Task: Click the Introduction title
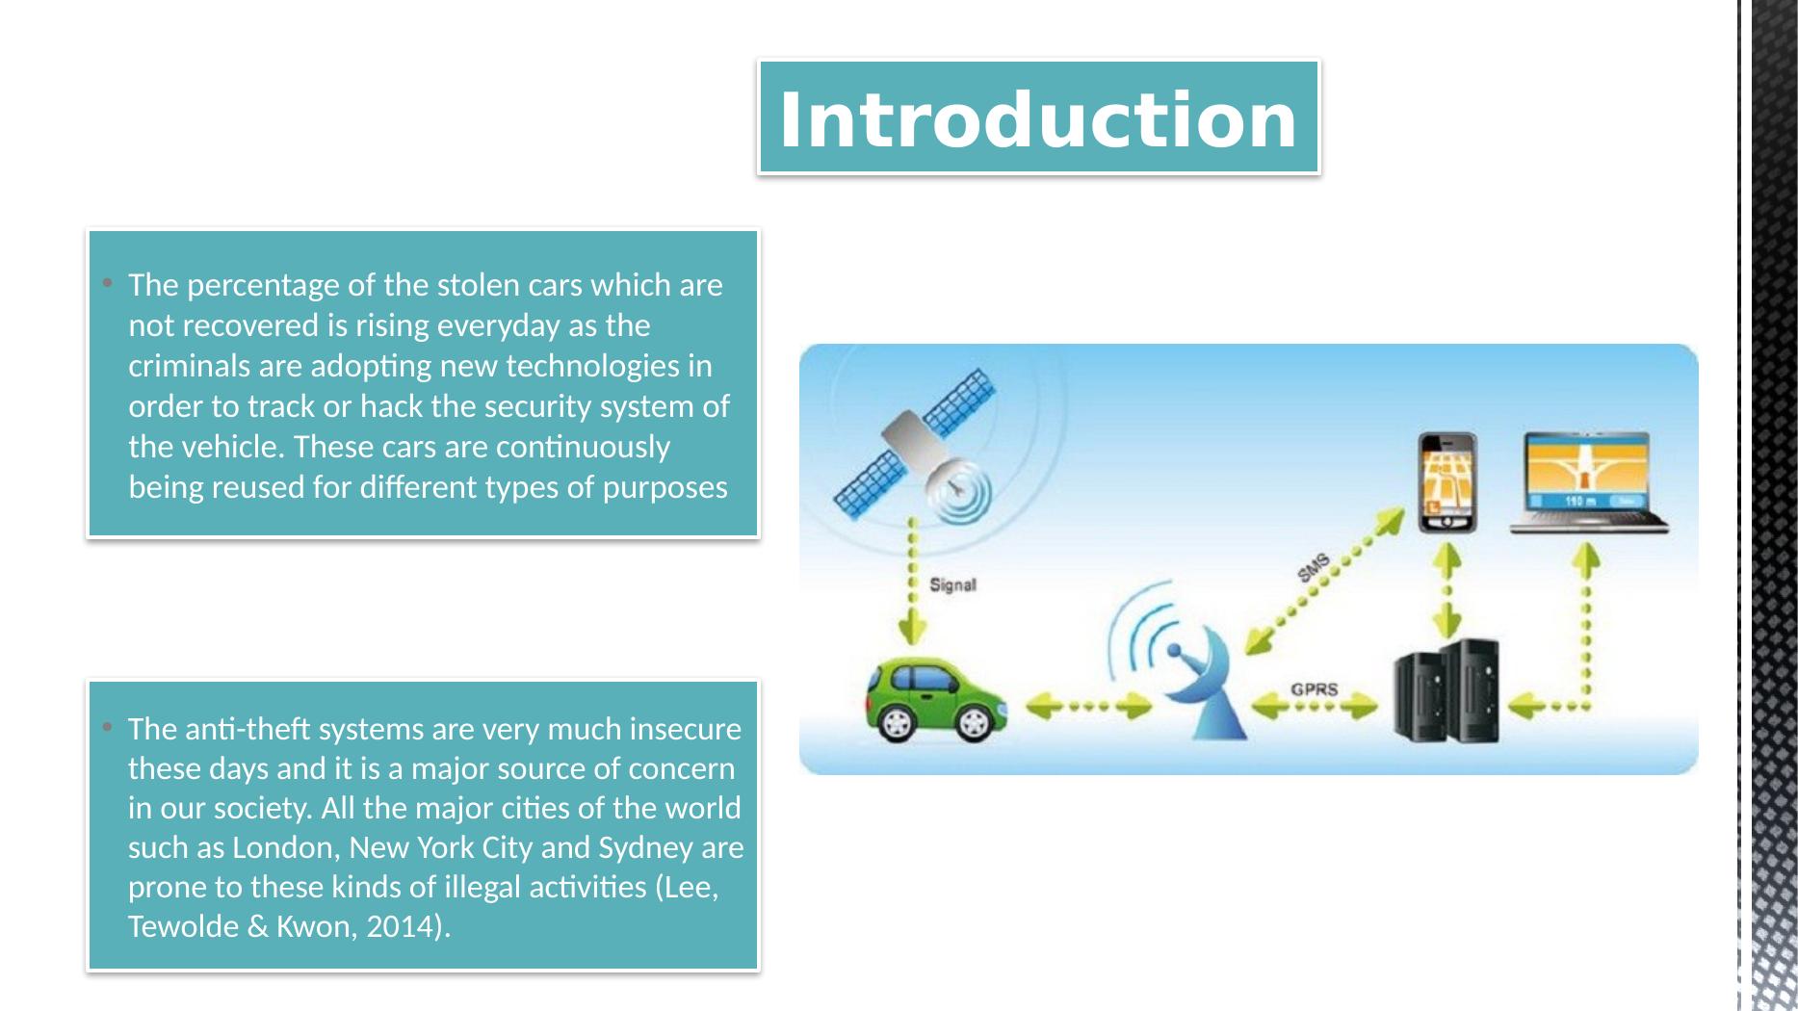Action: pyautogui.click(x=1037, y=119)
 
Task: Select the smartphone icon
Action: pyautogui.click(x=1446, y=481)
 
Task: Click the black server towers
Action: pyautogui.click(x=1447, y=691)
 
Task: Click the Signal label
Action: pyautogui.click(x=952, y=584)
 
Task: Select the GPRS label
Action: pyautogui.click(x=1314, y=689)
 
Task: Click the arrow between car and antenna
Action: pyautogui.click(x=1088, y=708)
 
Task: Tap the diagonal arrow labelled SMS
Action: pyautogui.click(x=1324, y=581)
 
